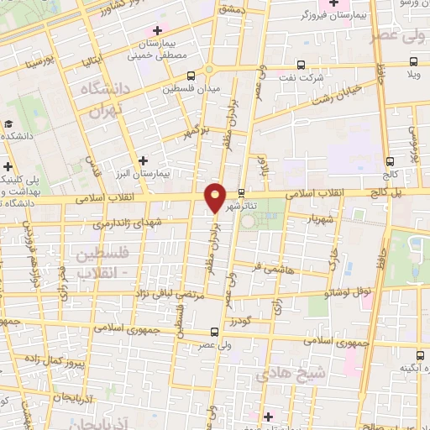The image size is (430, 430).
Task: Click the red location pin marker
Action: [x=216, y=197]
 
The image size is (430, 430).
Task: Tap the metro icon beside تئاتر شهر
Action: [x=242, y=192]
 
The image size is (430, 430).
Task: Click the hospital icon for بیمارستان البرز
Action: [x=144, y=160]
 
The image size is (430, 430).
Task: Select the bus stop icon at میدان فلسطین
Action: [x=191, y=76]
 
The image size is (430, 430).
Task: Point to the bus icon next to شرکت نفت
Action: [x=302, y=65]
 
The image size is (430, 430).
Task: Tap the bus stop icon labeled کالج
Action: [x=389, y=161]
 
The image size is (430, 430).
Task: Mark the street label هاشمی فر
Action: [x=265, y=269]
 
